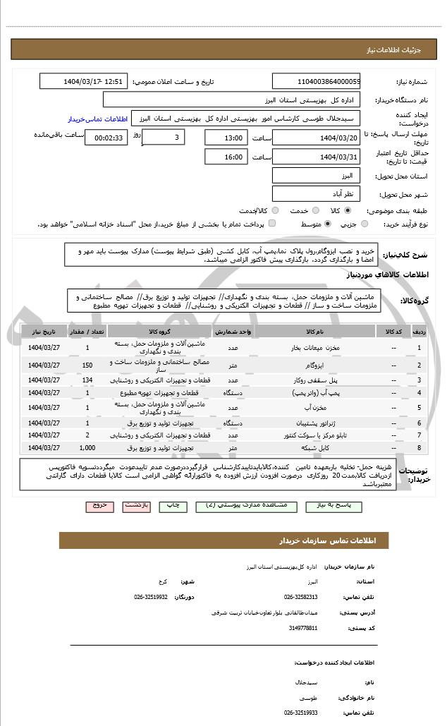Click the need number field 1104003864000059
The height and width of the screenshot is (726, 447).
[x=315, y=81]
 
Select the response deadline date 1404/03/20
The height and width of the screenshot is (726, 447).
[x=315, y=138]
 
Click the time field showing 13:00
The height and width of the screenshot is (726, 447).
[x=226, y=138]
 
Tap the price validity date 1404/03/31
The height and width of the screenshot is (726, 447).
[x=315, y=157]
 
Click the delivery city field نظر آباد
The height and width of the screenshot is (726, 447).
[x=315, y=193]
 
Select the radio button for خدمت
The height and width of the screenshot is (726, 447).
[x=314, y=210]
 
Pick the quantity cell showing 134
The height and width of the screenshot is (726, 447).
[x=87, y=380]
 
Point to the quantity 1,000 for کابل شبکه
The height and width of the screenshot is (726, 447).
[x=87, y=448]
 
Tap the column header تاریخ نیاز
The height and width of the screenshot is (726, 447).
[x=44, y=331]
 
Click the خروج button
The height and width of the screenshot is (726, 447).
[x=99, y=506]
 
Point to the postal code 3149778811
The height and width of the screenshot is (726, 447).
[x=303, y=627]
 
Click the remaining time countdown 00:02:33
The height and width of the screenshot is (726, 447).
[x=106, y=138]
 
